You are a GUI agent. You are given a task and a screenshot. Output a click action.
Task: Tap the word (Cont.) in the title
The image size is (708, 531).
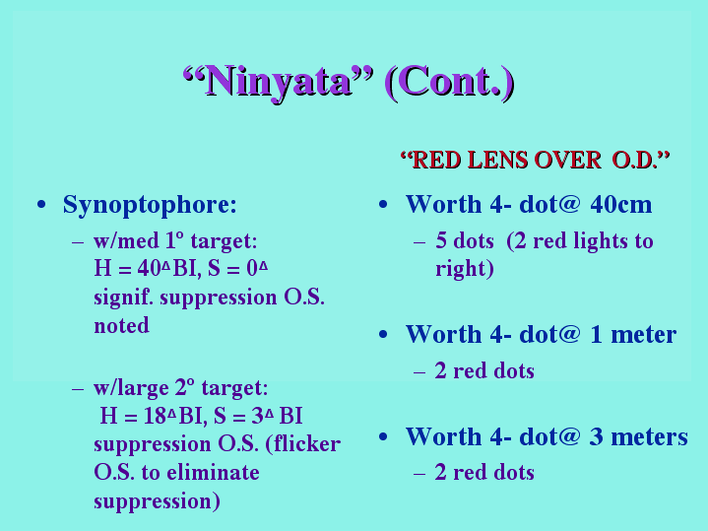[450, 82]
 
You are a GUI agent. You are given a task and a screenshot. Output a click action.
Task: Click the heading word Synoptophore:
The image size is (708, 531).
[150, 206]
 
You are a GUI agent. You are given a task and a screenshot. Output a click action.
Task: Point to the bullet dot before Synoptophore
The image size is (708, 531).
[41, 205]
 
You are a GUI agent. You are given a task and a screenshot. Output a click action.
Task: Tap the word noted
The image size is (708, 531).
[121, 325]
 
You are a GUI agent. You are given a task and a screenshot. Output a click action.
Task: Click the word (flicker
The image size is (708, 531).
[303, 444]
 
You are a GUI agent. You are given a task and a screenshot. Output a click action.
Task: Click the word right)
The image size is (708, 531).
[465, 269]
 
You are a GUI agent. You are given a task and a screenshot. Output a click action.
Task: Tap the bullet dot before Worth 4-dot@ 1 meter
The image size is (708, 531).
[383, 335]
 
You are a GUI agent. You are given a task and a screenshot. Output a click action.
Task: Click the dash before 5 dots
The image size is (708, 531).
[419, 242]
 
